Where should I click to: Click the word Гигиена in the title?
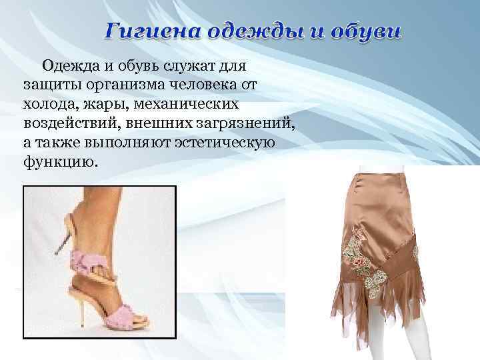coord(150,31)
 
